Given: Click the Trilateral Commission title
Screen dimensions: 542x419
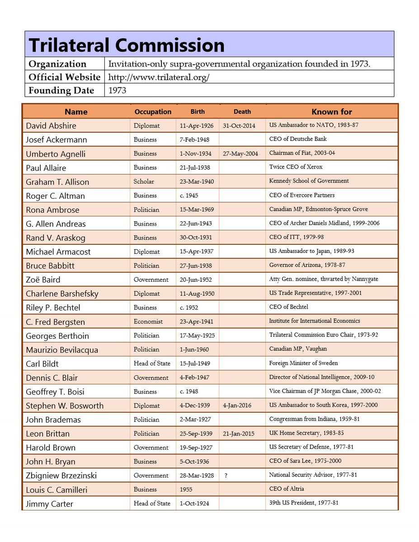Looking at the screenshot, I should [127, 45].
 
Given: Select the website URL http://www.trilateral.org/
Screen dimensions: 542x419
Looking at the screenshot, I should [159, 77].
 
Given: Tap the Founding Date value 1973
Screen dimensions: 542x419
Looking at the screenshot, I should [117, 90].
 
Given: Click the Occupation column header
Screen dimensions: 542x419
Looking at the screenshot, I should [153, 112].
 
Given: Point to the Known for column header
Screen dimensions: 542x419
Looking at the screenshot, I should [331, 112].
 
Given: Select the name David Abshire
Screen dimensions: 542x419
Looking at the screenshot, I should [51, 126].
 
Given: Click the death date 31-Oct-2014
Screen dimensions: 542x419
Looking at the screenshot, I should [239, 125].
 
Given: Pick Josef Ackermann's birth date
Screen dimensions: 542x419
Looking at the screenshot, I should [195, 139].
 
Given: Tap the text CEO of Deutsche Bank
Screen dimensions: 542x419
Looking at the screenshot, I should [298, 139].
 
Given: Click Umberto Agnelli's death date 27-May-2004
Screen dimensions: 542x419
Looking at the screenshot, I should [240, 154].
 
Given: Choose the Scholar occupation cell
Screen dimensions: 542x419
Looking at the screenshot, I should [144, 182].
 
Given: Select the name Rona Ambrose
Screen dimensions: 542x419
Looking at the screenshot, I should [52, 210].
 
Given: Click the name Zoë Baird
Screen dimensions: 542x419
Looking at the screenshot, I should [43, 280].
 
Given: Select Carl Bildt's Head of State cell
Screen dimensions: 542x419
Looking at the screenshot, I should [152, 364].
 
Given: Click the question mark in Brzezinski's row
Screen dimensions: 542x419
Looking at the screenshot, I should [226, 475].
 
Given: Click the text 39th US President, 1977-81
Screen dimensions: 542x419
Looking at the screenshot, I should [304, 503].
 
